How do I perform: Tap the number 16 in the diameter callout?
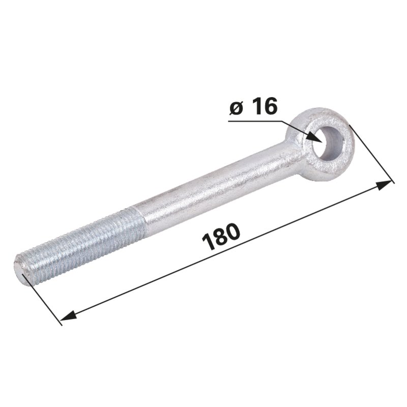point(265,106)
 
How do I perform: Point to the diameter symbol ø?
point(236,109)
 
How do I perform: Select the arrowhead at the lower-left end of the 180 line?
point(68,315)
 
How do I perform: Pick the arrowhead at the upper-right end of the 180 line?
point(384,185)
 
